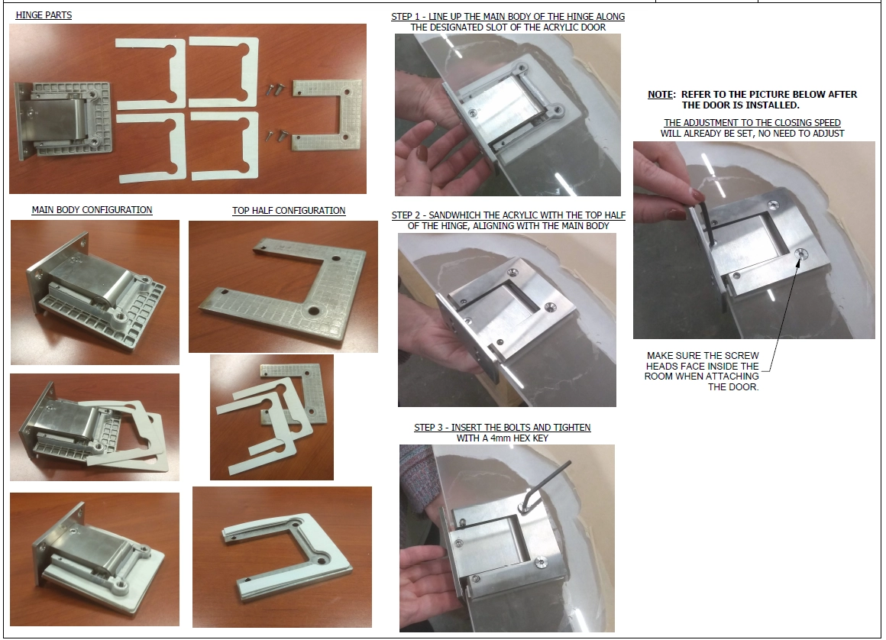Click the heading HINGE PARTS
pyautogui.click(x=44, y=15)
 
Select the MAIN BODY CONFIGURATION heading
pyautogui.click(x=92, y=209)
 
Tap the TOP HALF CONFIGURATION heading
pyautogui.click(x=289, y=210)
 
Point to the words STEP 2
pyautogui.click(x=406, y=215)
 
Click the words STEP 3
pyautogui.click(x=429, y=427)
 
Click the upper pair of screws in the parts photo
pyautogui.click(x=275, y=89)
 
